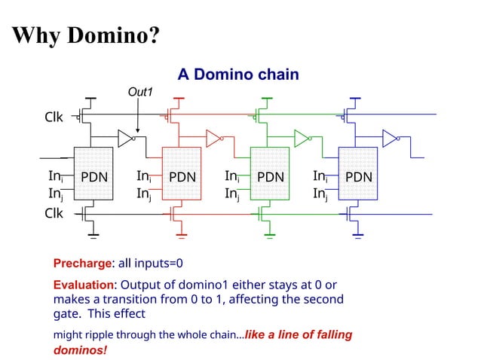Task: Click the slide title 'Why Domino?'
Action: coord(85,35)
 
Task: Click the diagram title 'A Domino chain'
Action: coord(238,75)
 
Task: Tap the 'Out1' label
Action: coord(140,92)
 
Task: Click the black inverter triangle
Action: coord(125,138)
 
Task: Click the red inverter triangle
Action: coord(213,138)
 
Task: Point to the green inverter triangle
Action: coord(301,138)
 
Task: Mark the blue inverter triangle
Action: coord(389,138)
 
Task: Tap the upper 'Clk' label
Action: coord(54,117)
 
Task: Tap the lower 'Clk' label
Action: coord(54,213)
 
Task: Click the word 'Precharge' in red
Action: coord(82,264)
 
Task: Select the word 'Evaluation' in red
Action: coord(84,285)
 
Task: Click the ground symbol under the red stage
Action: coord(182,243)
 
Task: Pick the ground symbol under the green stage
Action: coord(270,243)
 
